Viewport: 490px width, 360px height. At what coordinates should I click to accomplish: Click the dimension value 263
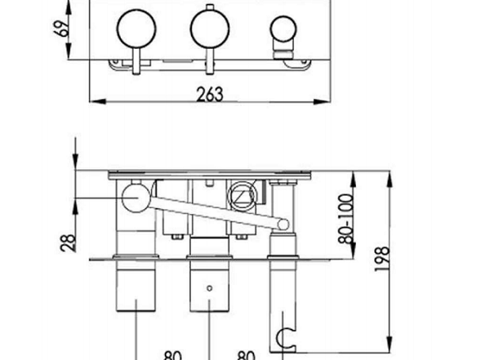[210, 95]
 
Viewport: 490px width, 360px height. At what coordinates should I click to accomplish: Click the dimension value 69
[64, 29]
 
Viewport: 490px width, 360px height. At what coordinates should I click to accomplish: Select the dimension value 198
[382, 259]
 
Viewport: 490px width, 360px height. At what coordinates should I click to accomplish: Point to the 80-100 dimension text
[346, 219]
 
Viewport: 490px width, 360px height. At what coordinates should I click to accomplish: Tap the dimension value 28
[69, 243]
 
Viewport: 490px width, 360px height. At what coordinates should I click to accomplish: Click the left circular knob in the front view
[136, 29]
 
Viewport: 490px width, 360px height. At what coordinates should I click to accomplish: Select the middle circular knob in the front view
[210, 29]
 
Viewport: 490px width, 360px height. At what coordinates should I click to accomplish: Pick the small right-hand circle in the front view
[283, 29]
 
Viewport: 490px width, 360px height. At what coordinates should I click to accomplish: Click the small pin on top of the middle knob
[210, 7]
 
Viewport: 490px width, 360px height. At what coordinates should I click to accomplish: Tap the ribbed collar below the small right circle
[283, 53]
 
